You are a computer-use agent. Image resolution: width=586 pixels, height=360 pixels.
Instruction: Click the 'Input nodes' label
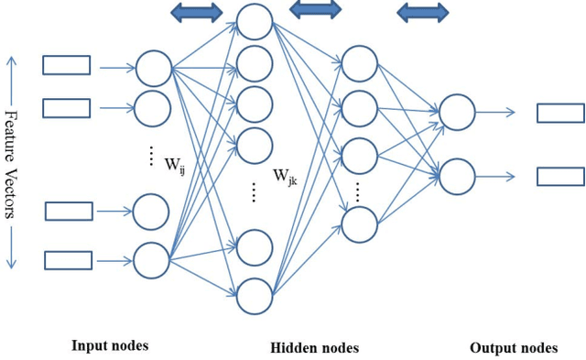coord(110,345)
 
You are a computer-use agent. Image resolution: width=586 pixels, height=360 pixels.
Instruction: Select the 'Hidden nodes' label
coord(314,348)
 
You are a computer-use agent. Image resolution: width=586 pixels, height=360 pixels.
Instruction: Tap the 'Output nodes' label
coord(513,348)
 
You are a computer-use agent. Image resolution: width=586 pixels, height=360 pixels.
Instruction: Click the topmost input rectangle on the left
coord(67,65)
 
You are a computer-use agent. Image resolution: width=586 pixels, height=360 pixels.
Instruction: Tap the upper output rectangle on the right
coord(560,113)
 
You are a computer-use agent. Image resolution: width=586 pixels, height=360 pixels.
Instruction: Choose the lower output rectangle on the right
coord(560,176)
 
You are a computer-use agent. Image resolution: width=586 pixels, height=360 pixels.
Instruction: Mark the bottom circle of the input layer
coord(152,259)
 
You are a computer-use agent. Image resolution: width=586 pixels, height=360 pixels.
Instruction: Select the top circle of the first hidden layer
coord(254,19)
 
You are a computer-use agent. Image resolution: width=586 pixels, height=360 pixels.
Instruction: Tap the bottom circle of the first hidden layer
coord(254,296)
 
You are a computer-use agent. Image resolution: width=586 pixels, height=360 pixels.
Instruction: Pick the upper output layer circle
coord(456,113)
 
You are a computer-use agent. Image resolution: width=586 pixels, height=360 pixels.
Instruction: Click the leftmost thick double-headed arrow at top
coord(197,13)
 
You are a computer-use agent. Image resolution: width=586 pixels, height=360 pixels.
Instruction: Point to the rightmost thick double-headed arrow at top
coord(423,13)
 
